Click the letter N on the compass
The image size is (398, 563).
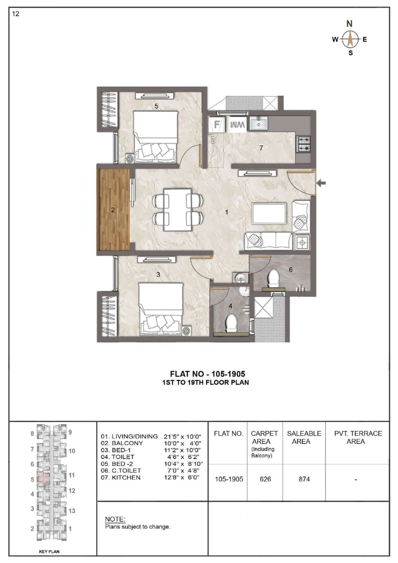pyautogui.click(x=349, y=24)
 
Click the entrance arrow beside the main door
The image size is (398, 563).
pyautogui.click(x=321, y=183)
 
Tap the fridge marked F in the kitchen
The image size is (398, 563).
pyautogui.click(x=217, y=124)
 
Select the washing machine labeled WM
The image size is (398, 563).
pyautogui.click(x=237, y=124)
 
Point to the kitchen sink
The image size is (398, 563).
pyautogui.click(x=258, y=123)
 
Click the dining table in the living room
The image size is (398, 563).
pyautogui.click(x=178, y=210)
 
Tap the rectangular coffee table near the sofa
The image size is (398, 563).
pyautogui.click(x=269, y=213)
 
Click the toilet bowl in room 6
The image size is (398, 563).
pyautogui.click(x=273, y=278)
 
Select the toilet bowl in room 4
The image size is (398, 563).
pyautogui.click(x=232, y=323)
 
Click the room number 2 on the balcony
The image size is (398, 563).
pyautogui.click(x=113, y=210)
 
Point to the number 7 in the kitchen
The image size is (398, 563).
pyautogui.click(x=261, y=148)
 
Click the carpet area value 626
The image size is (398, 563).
pyautogui.click(x=265, y=479)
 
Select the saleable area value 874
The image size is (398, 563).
pyautogui.click(x=304, y=479)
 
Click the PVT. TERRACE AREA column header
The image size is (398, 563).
pyautogui.click(x=358, y=437)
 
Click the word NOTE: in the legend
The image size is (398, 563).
pyautogui.click(x=115, y=519)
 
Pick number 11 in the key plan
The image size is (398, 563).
pyautogui.click(x=72, y=475)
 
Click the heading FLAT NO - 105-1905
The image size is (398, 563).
pyautogui.click(x=207, y=374)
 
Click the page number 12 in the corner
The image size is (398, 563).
pyautogui.click(x=16, y=14)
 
